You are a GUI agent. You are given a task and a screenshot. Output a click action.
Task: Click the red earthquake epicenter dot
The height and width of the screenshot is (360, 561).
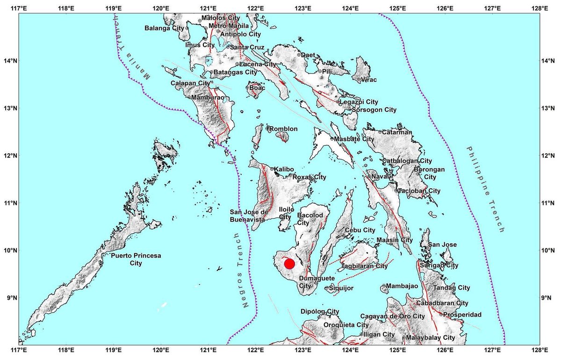289,264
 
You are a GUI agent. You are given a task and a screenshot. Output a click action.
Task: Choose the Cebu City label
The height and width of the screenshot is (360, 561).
360,230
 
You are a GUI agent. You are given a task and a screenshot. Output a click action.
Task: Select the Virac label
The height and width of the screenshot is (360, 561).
368,80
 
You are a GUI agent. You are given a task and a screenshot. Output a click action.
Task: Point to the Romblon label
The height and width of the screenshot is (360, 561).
284,129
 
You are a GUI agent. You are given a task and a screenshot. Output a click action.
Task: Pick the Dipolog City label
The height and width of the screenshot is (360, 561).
320,312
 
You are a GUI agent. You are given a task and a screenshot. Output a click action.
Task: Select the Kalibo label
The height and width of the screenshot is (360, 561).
283,169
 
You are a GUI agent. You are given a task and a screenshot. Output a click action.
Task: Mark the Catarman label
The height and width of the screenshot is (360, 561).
397,132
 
